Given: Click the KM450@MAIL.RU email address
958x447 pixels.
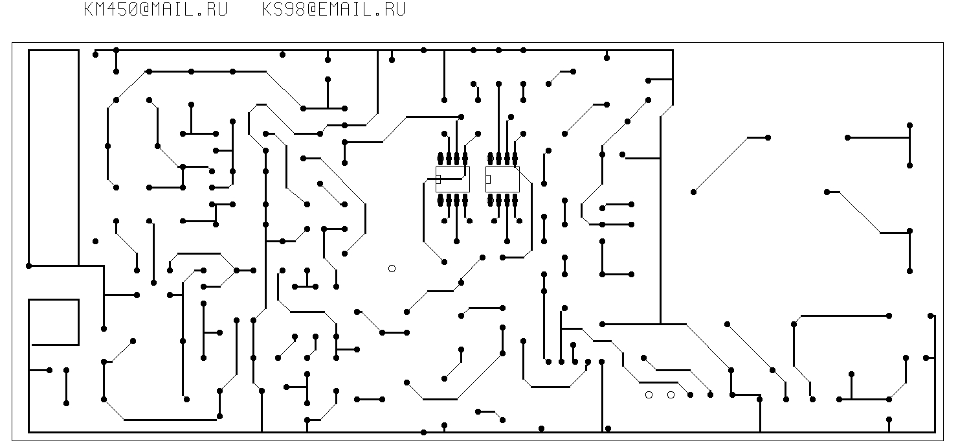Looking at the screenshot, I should point(155,10).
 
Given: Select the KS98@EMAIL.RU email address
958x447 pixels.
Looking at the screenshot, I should point(334,10).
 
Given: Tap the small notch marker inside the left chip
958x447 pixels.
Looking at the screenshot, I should point(438,179).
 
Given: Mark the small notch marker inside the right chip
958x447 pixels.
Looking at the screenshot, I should point(488,179).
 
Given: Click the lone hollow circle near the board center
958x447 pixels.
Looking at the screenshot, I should point(392,268).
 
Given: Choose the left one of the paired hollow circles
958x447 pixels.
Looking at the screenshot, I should point(649,395).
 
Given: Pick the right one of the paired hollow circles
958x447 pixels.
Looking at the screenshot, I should point(671,395).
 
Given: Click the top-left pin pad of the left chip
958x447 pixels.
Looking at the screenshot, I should point(441,158).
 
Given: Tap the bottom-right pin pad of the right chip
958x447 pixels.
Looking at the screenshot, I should point(515,200).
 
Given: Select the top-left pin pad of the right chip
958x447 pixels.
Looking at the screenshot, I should point(491,158).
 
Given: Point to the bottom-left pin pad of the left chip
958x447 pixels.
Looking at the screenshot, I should point(441,200).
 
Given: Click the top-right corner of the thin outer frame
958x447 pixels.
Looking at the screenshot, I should point(943,43).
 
